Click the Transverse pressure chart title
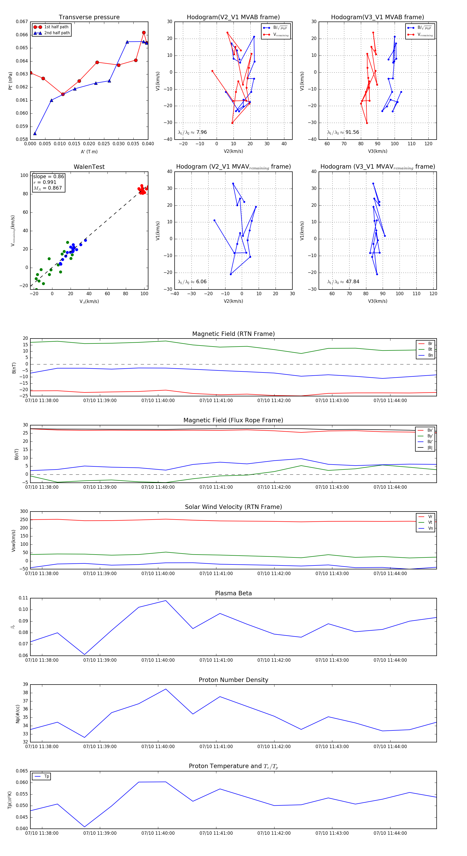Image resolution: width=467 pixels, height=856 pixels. click(x=89, y=17)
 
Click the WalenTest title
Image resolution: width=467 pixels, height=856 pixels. click(x=89, y=167)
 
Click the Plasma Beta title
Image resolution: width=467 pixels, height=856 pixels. click(x=233, y=593)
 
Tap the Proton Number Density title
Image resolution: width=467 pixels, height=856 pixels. click(x=233, y=680)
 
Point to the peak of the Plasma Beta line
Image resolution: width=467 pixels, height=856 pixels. click(x=166, y=600)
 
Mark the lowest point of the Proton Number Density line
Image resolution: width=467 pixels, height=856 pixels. click(x=84, y=738)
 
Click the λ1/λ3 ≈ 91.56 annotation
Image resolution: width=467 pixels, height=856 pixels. click(x=343, y=132)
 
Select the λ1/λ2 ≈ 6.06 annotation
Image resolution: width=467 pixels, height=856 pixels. click(x=192, y=282)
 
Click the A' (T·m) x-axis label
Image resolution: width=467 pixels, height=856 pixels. click(x=89, y=151)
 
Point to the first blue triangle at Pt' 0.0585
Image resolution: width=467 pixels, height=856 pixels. click(x=35, y=134)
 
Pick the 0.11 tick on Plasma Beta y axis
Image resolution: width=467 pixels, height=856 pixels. click(x=23, y=598)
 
